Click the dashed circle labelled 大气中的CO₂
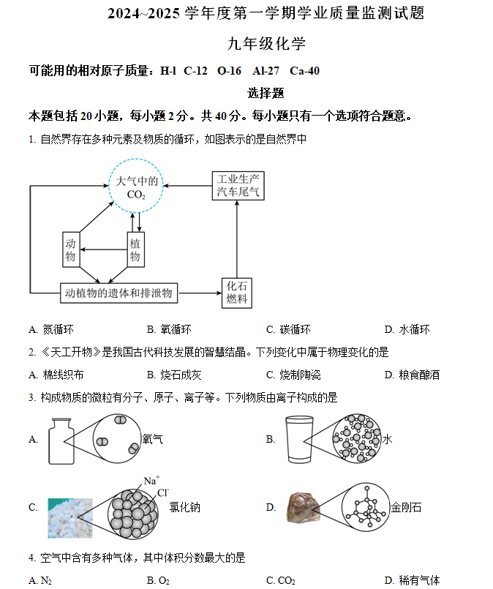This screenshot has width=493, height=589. pyautogui.click(x=109, y=186)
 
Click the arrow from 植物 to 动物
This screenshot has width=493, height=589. pyautogui.click(x=104, y=250)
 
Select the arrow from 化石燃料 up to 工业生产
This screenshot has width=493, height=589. pyautogui.click(x=236, y=239)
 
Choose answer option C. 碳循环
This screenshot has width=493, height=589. pyautogui.click(x=288, y=329)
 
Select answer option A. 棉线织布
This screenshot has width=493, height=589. pyautogui.click(x=56, y=375)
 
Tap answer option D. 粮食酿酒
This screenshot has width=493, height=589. pyautogui.click(x=412, y=375)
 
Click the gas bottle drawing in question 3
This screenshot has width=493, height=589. pyautogui.click(x=61, y=441)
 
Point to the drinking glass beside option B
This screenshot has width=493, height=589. pyautogui.click(x=299, y=439)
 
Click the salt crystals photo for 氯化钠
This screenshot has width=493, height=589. pyautogui.click(x=70, y=518)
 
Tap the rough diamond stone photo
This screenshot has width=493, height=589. pyautogui.click(x=304, y=507)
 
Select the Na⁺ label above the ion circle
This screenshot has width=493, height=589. pyautogui.click(x=151, y=481)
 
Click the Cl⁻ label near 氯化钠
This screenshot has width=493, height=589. pyautogui.click(x=163, y=492)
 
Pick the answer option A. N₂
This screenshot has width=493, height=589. pyautogui.click(x=40, y=580)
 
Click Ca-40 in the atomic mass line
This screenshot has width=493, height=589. pyautogui.click(x=304, y=71)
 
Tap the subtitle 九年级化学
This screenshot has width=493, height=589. pyautogui.click(x=266, y=44)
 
